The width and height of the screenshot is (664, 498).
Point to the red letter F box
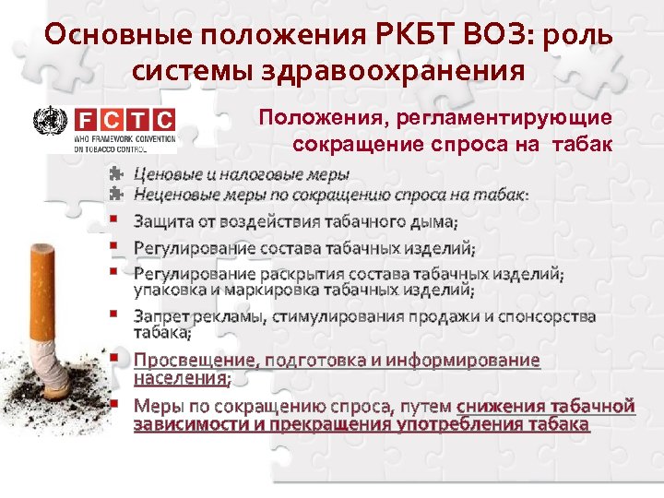pyautogui.click(x=84, y=120)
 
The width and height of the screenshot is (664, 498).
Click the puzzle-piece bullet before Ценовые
pyautogui.click(x=114, y=173)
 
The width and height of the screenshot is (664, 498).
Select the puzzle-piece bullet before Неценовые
pyautogui.click(x=114, y=194)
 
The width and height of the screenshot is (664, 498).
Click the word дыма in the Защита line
pyautogui.click(x=434, y=222)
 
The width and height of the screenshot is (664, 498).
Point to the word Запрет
pyautogui.click(x=162, y=316)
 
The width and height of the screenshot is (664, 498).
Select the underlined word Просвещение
pyautogui.click(x=194, y=361)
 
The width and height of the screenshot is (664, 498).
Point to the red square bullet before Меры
pyautogui.click(x=113, y=403)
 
